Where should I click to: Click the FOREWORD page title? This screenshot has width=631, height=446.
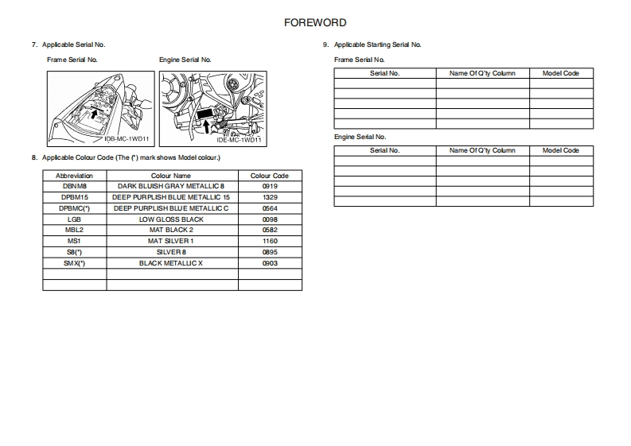click(315, 23)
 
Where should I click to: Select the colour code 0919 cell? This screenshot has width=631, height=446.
click(269, 186)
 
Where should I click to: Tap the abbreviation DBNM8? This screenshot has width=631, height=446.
click(74, 186)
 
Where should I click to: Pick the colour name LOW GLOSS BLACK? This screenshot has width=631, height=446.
click(171, 219)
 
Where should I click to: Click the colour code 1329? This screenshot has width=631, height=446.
click(269, 197)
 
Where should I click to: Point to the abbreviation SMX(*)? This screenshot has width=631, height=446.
click(74, 263)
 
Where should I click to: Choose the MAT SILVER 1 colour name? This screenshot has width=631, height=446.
click(171, 241)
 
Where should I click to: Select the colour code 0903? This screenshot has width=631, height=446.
click(269, 263)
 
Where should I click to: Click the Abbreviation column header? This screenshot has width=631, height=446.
click(74, 175)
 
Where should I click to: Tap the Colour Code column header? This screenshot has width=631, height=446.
click(269, 175)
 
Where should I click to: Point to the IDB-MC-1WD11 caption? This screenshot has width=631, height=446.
click(127, 138)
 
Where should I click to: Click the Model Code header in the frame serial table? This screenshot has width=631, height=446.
click(560, 73)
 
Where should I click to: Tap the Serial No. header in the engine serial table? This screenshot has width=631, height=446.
click(385, 150)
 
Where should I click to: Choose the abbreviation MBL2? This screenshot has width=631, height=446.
click(74, 230)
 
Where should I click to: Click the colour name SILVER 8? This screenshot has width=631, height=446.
click(171, 252)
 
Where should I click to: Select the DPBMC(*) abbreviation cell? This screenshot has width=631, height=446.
click(74, 208)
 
